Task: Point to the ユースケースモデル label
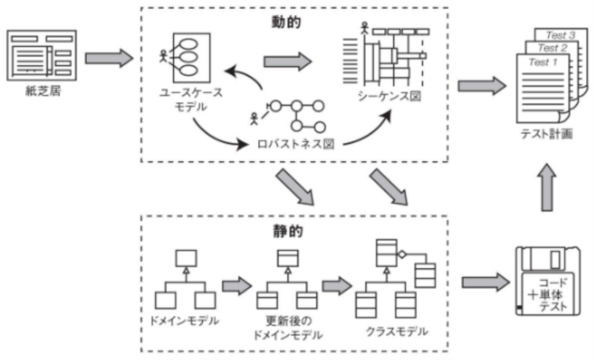click(191, 99)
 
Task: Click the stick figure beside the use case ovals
click(163, 56)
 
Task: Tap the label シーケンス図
click(389, 97)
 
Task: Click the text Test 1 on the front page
click(543, 63)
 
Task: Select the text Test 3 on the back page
click(561, 35)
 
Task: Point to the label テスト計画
click(546, 134)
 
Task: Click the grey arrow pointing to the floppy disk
click(485, 282)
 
